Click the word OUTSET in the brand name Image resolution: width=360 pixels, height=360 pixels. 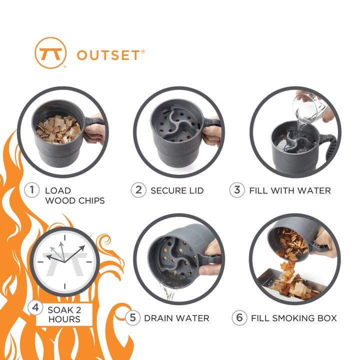(108, 55)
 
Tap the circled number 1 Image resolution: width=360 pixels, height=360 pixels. (32, 190)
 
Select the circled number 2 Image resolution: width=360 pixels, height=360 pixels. (138, 190)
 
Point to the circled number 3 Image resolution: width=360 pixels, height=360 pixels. (236, 190)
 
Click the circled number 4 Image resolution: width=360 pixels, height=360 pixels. (35, 308)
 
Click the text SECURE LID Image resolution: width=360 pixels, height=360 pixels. (177, 190)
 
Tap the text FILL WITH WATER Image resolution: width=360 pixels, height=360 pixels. (290, 190)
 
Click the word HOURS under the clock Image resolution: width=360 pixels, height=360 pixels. (64, 319)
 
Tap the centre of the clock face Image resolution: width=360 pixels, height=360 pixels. (64, 260)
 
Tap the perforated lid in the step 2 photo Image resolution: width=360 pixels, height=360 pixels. (177, 127)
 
